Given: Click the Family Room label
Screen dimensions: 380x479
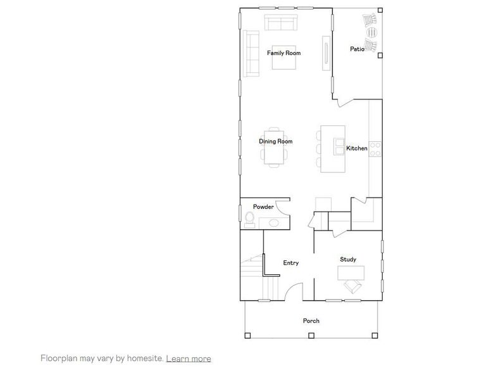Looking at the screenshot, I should (x=283, y=53).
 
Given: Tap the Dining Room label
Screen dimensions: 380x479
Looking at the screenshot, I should (x=276, y=141).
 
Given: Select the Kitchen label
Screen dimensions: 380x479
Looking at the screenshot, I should (x=356, y=148).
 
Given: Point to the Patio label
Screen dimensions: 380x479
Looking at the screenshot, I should (x=357, y=49).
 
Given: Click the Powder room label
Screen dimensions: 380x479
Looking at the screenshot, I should (x=263, y=207).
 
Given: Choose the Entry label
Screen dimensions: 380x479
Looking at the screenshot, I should (x=291, y=263).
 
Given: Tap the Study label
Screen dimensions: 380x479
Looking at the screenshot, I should (x=348, y=259).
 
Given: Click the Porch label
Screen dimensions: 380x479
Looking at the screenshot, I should (x=311, y=321).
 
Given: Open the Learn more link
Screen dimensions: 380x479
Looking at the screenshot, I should (x=189, y=358).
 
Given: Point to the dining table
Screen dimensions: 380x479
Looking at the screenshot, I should (x=276, y=153).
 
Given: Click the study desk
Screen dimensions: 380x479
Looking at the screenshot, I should (x=351, y=272).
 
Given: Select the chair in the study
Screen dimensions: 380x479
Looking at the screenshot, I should (x=352, y=287).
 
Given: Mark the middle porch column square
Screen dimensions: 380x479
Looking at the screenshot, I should (x=311, y=335).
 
